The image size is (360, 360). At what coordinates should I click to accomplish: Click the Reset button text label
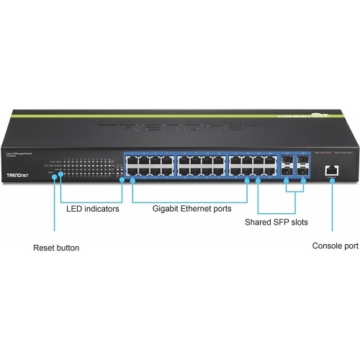[56, 248]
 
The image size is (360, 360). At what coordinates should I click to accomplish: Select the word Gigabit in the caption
[167, 210]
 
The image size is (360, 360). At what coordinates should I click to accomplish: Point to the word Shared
[257, 222]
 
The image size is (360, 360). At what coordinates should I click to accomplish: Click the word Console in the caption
[326, 246]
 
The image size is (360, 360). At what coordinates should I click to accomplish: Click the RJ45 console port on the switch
[332, 169]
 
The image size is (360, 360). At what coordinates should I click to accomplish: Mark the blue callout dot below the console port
[332, 181]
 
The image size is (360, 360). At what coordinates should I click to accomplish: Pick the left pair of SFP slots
[287, 165]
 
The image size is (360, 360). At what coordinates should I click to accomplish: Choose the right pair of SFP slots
[302, 165]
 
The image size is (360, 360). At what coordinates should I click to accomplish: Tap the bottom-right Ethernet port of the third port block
[271, 171]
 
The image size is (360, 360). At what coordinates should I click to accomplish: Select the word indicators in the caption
[102, 210]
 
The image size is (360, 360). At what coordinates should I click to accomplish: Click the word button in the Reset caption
[68, 248]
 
